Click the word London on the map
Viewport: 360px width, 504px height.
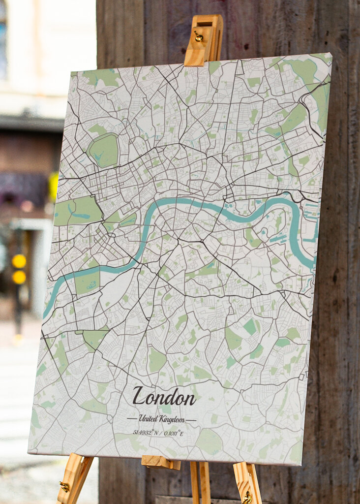pyautogui.click(x=164, y=396)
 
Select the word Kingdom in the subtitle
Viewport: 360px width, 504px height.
pyautogui.click(x=173, y=420)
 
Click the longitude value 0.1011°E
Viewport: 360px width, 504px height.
pyautogui.click(x=173, y=433)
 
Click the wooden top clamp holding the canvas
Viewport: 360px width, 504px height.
pyautogui.click(x=203, y=41)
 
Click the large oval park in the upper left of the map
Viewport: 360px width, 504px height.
pyautogui.click(x=104, y=151)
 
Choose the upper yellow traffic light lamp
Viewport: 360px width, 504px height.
pyautogui.click(x=19, y=261)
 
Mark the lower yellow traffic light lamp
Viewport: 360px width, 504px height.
pyautogui.click(x=19, y=277)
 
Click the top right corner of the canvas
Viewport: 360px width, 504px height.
pyautogui.click(x=331, y=54)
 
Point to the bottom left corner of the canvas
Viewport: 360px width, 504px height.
pyautogui.click(x=29, y=451)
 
